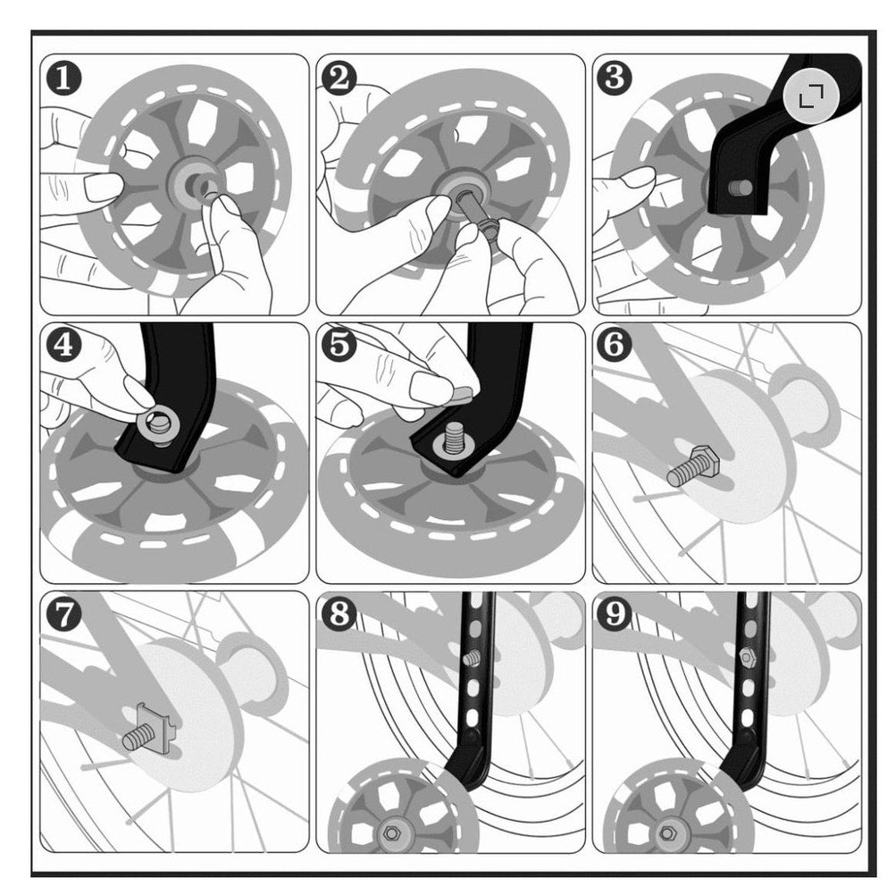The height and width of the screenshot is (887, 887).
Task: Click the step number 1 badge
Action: click(x=63, y=78)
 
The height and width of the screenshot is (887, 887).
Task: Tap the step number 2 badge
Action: click(x=339, y=78)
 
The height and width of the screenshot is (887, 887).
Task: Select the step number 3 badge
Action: click(x=615, y=78)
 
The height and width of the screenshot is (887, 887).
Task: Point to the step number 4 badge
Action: click(x=63, y=345)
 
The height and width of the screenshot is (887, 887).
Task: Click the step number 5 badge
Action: click(x=339, y=345)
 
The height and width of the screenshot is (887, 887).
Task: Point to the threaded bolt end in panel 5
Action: click(x=453, y=436)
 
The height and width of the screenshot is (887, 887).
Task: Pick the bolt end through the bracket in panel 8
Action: click(x=473, y=657)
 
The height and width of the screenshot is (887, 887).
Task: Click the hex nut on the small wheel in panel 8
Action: click(x=391, y=833)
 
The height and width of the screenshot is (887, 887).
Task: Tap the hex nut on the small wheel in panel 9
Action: click(x=667, y=833)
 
